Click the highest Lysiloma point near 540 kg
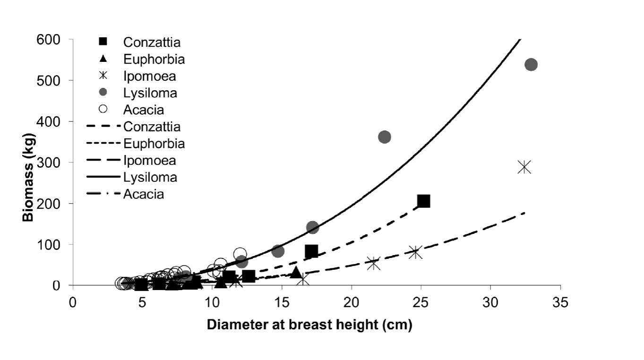(531, 65)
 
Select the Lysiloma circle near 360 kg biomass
(385, 137)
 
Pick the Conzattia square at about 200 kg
(423, 201)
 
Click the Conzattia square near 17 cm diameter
(311, 251)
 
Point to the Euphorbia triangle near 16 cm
(296, 272)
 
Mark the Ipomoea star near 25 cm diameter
(415, 252)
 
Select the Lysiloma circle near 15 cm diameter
(278, 251)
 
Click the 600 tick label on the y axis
(51, 40)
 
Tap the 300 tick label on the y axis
(51, 163)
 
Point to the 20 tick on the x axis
(352, 302)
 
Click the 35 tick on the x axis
(560, 302)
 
